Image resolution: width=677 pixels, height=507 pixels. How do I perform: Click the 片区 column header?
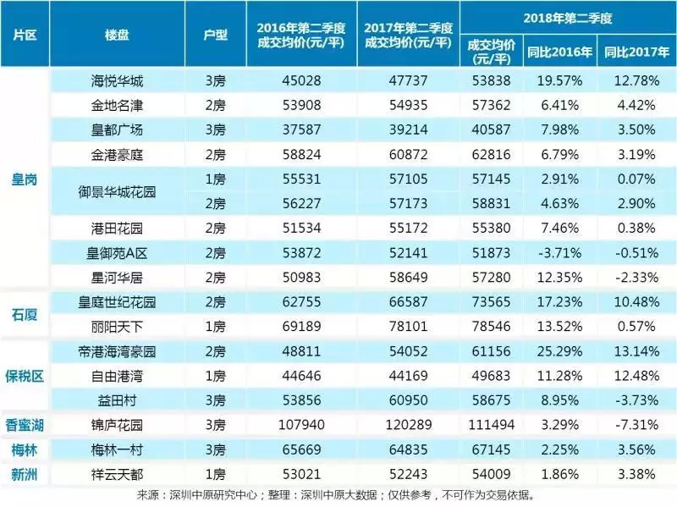click(25, 38)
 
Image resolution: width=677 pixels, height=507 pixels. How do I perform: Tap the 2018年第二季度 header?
click(567, 17)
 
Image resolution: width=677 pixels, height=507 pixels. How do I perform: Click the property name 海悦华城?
click(117, 82)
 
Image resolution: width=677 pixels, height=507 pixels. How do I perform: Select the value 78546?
click(491, 324)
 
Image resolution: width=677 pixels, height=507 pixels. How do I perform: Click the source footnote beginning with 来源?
click(338, 494)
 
